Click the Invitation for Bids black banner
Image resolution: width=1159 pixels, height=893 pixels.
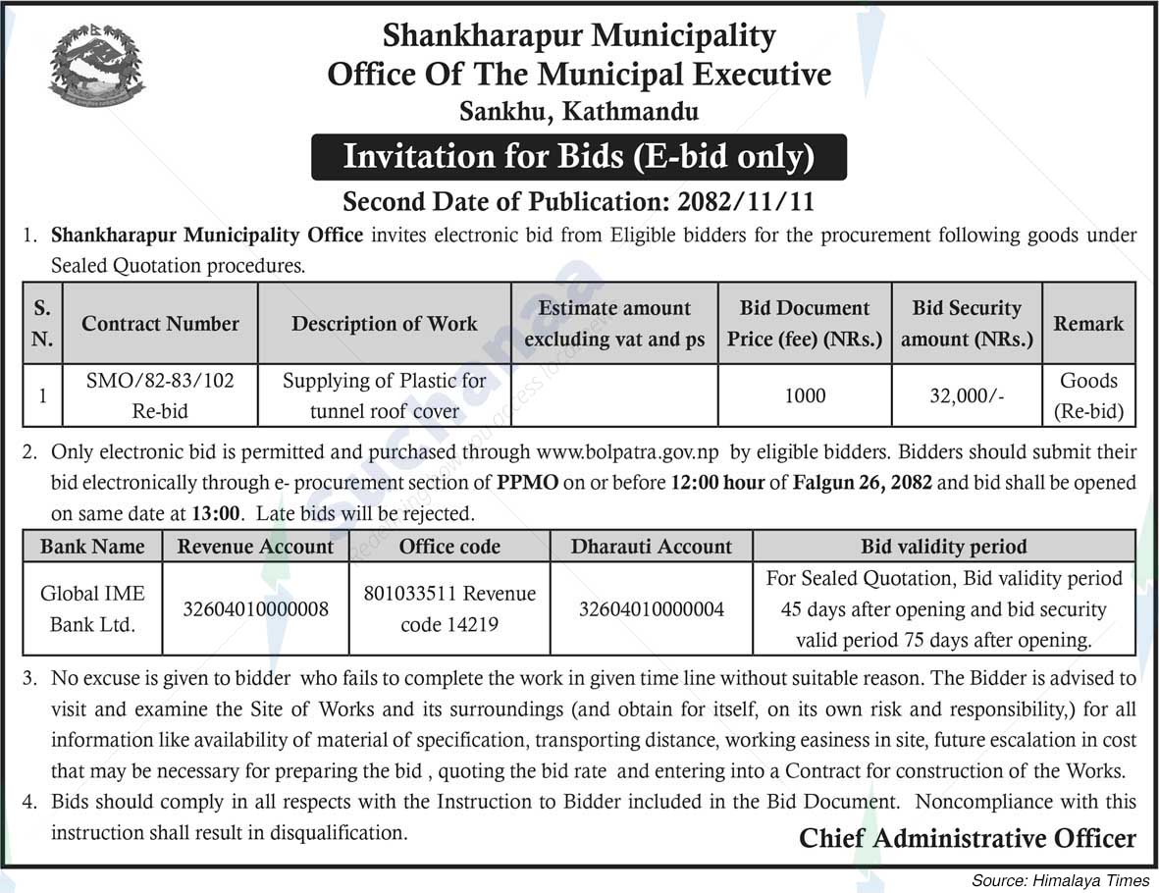click(579, 157)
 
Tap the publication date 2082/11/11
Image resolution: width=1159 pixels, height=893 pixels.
click(746, 203)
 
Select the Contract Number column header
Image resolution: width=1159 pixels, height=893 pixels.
click(160, 324)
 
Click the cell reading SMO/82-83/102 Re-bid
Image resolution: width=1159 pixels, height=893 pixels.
click(160, 395)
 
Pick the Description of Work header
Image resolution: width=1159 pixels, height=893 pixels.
click(384, 324)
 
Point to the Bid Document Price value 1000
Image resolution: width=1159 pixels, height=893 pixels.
click(805, 396)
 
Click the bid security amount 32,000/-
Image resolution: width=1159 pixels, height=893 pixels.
click(967, 396)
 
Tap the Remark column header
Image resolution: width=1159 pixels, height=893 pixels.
click(1088, 324)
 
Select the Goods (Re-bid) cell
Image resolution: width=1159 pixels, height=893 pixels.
click(1088, 395)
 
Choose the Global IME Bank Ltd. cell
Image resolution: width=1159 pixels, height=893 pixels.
click(92, 608)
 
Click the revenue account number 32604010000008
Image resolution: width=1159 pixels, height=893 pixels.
click(256, 609)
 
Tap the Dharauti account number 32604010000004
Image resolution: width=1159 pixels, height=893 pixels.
click(652, 609)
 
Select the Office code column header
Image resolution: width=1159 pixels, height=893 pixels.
click(449, 547)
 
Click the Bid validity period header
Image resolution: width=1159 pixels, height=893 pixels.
click(943, 547)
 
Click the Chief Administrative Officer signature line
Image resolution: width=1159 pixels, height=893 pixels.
click(967, 838)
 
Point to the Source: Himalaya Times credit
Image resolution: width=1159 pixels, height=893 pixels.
click(1061, 880)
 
